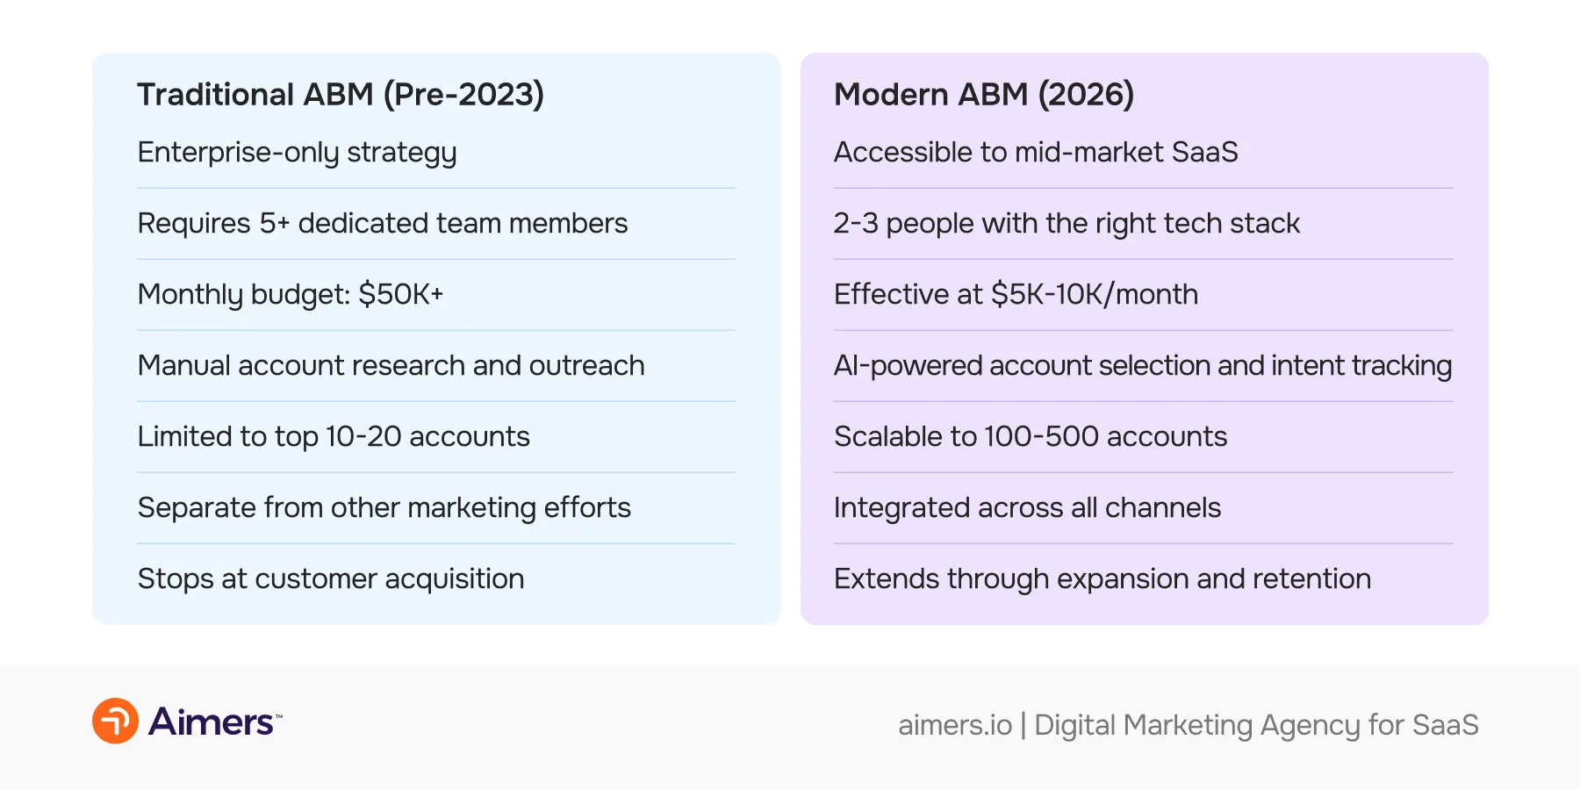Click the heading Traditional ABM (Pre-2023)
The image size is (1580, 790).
[x=341, y=95]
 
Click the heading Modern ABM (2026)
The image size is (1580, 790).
[x=983, y=95]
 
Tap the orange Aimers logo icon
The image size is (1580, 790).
[x=115, y=721]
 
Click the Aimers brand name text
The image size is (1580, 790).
[x=212, y=722]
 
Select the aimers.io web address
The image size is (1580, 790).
[x=954, y=725]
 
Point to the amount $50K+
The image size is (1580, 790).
[x=400, y=294]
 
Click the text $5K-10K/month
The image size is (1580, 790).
[x=1094, y=294]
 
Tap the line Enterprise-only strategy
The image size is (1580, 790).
[x=297, y=153]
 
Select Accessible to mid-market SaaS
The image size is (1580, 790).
[x=1035, y=153]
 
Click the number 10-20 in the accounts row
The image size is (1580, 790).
[x=363, y=436]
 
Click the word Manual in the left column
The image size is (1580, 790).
[x=183, y=365]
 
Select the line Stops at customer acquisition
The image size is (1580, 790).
[x=331, y=578]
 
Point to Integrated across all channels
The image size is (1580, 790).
[x=1027, y=507]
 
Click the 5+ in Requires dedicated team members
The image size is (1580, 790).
[x=274, y=223]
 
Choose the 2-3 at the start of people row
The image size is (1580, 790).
[x=855, y=223]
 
